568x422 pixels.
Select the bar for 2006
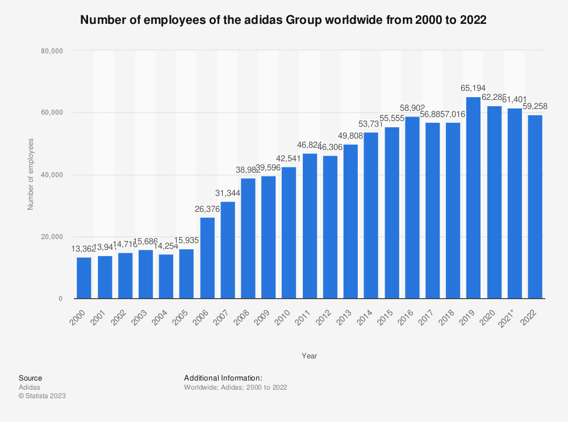[x=207, y=258]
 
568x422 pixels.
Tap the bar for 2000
[x=84, y=278]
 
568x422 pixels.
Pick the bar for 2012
[x=330, y=227]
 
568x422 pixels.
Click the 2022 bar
[x=534, y=207]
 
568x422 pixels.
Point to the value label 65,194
[x=473, y=89]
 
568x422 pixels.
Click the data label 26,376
[x=207, y=209]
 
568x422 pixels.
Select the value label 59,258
[x=534, y=107]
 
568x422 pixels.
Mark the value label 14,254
[x=166, y=246]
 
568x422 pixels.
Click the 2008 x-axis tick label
[x=248, y=312]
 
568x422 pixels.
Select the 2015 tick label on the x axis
[x=391, y=312]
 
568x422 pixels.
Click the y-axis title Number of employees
[x=31, y=174]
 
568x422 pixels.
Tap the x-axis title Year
[x=310, y=356]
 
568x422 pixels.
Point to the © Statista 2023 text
[x=42, y=396]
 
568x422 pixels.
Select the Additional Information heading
[x=223, y=378]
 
